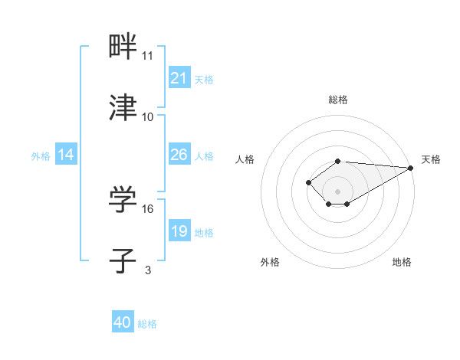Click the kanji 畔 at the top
(123, 47)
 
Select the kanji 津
(123, 108)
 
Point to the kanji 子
(123, 260)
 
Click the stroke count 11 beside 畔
(148, 56)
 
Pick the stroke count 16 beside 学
(148, 208)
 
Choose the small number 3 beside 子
(148, 270)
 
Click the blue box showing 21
(179, 78)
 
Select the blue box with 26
(179, 155)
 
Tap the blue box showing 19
(179, 231)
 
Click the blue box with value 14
(66, 155)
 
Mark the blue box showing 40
(123, 322)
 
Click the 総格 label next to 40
(147, 324)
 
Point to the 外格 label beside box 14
(41, 155)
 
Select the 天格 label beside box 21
(204, 79)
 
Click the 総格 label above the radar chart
(338, 100)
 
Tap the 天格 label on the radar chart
(431, 159)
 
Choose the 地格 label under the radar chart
(402, 262)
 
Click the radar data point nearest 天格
(412, 167)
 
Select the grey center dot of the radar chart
(338, 191)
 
